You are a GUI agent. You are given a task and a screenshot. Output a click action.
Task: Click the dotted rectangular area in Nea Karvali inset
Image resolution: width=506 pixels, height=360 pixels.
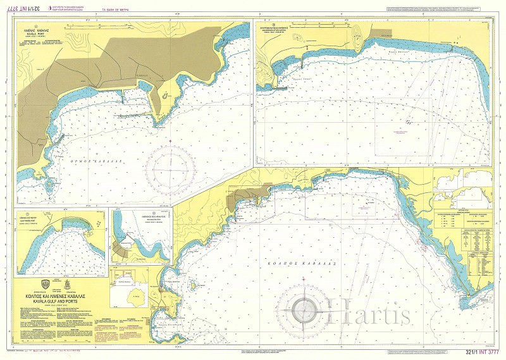[x=402, y=127]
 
